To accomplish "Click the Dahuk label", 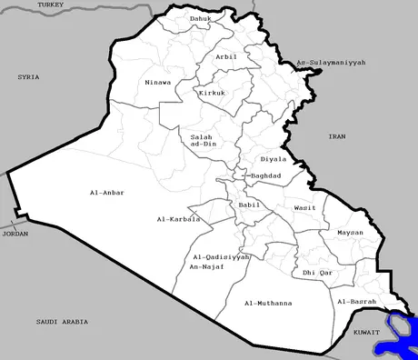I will tap(201, 18).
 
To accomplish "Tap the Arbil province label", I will tap(226, 56).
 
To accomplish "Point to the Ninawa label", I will tap(157, 83).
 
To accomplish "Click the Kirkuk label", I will tap(213, 93).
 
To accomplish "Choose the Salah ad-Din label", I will tap(203, 141).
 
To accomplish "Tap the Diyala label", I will tap(273, 159).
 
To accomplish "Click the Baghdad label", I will tap(266, 175).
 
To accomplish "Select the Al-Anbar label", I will tap(107, 193).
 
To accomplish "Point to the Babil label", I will tap(249, 205).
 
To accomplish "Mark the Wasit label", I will tap(304, 208).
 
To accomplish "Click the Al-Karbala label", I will tap(178, 219).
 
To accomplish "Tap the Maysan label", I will tap(350, 233).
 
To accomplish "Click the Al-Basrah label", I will tap(356, 301).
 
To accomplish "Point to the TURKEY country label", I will tap(52, 5).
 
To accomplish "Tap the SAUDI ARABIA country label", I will tap(62, 322).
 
